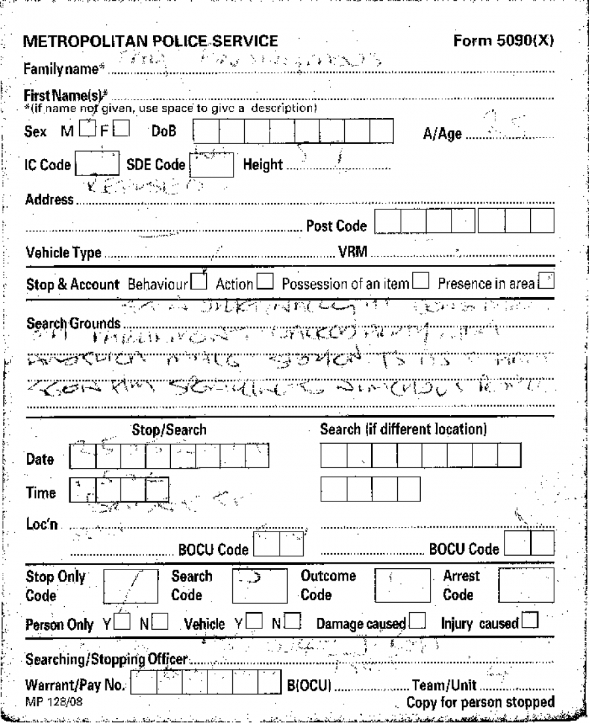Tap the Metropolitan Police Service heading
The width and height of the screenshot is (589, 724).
tap(151, 42)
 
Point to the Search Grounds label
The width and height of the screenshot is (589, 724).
tap(73, 323)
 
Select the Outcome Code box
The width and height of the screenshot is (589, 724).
tap(401, 585)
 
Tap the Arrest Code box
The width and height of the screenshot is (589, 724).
tap(526, 585)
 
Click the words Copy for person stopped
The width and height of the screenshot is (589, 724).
tap(480, 702)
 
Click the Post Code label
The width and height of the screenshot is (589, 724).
tap(336, 226)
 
